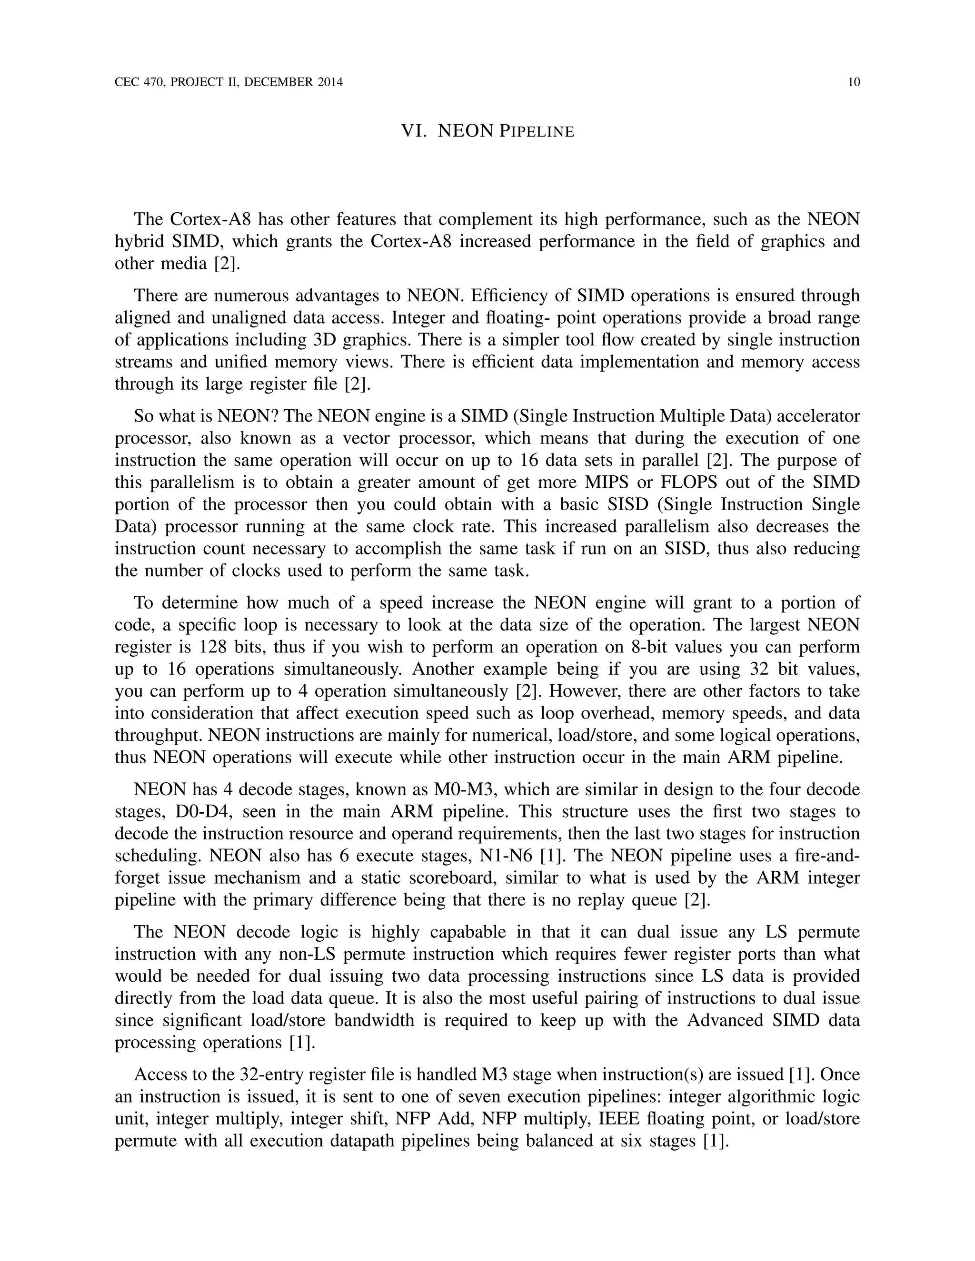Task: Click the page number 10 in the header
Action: (854, 82)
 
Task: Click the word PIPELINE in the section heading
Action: (537, 132)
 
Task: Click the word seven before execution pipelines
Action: (445, 1096)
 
